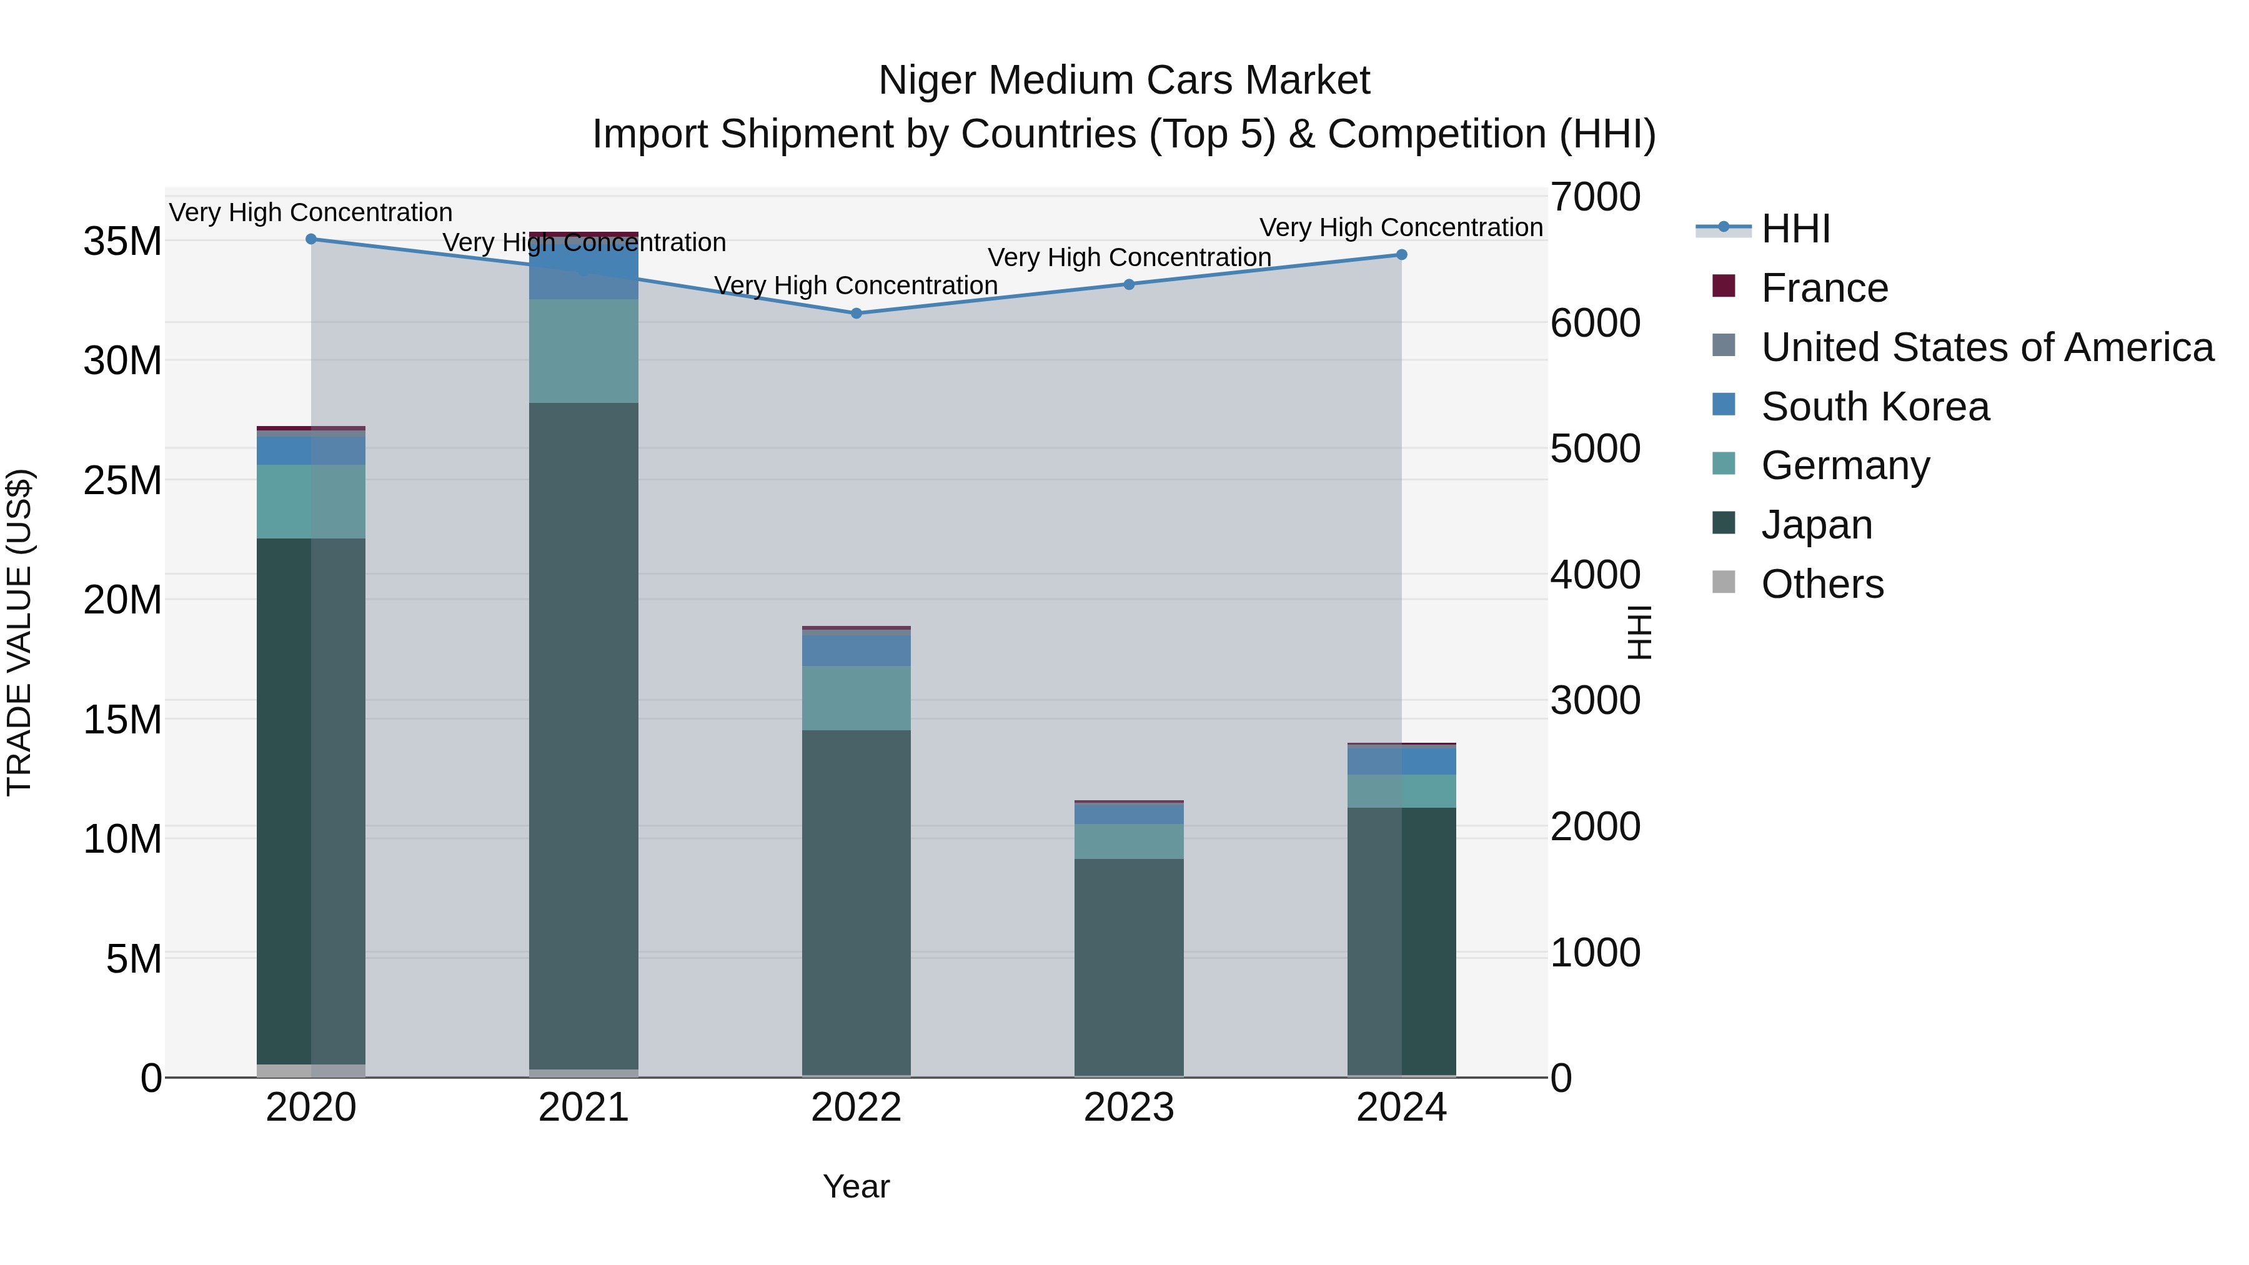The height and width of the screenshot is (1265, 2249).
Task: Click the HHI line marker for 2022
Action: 856,314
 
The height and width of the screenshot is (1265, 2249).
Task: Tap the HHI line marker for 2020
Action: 311,239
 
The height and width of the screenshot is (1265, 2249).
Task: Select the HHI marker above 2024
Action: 1401,255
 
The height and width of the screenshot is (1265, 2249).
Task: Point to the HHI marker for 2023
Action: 1129,285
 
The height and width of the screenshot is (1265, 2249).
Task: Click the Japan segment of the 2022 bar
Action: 856,899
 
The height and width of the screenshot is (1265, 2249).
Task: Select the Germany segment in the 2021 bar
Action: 583,351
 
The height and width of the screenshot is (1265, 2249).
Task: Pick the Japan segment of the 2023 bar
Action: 1129,965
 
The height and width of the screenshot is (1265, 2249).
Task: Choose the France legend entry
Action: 1824,288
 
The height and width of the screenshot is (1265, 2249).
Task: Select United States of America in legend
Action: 1986,347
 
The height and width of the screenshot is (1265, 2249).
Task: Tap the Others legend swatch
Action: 1724,582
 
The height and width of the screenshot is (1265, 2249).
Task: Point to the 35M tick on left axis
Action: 122,242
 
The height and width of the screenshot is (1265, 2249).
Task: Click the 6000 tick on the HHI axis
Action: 1595,323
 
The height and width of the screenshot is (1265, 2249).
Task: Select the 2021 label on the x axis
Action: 583,1108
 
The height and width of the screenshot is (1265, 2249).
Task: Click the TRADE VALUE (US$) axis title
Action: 19,632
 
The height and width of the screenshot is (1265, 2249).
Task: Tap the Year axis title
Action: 856,1186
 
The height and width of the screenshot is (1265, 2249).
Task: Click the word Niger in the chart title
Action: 927,81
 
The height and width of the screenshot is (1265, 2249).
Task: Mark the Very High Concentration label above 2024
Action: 1401,227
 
